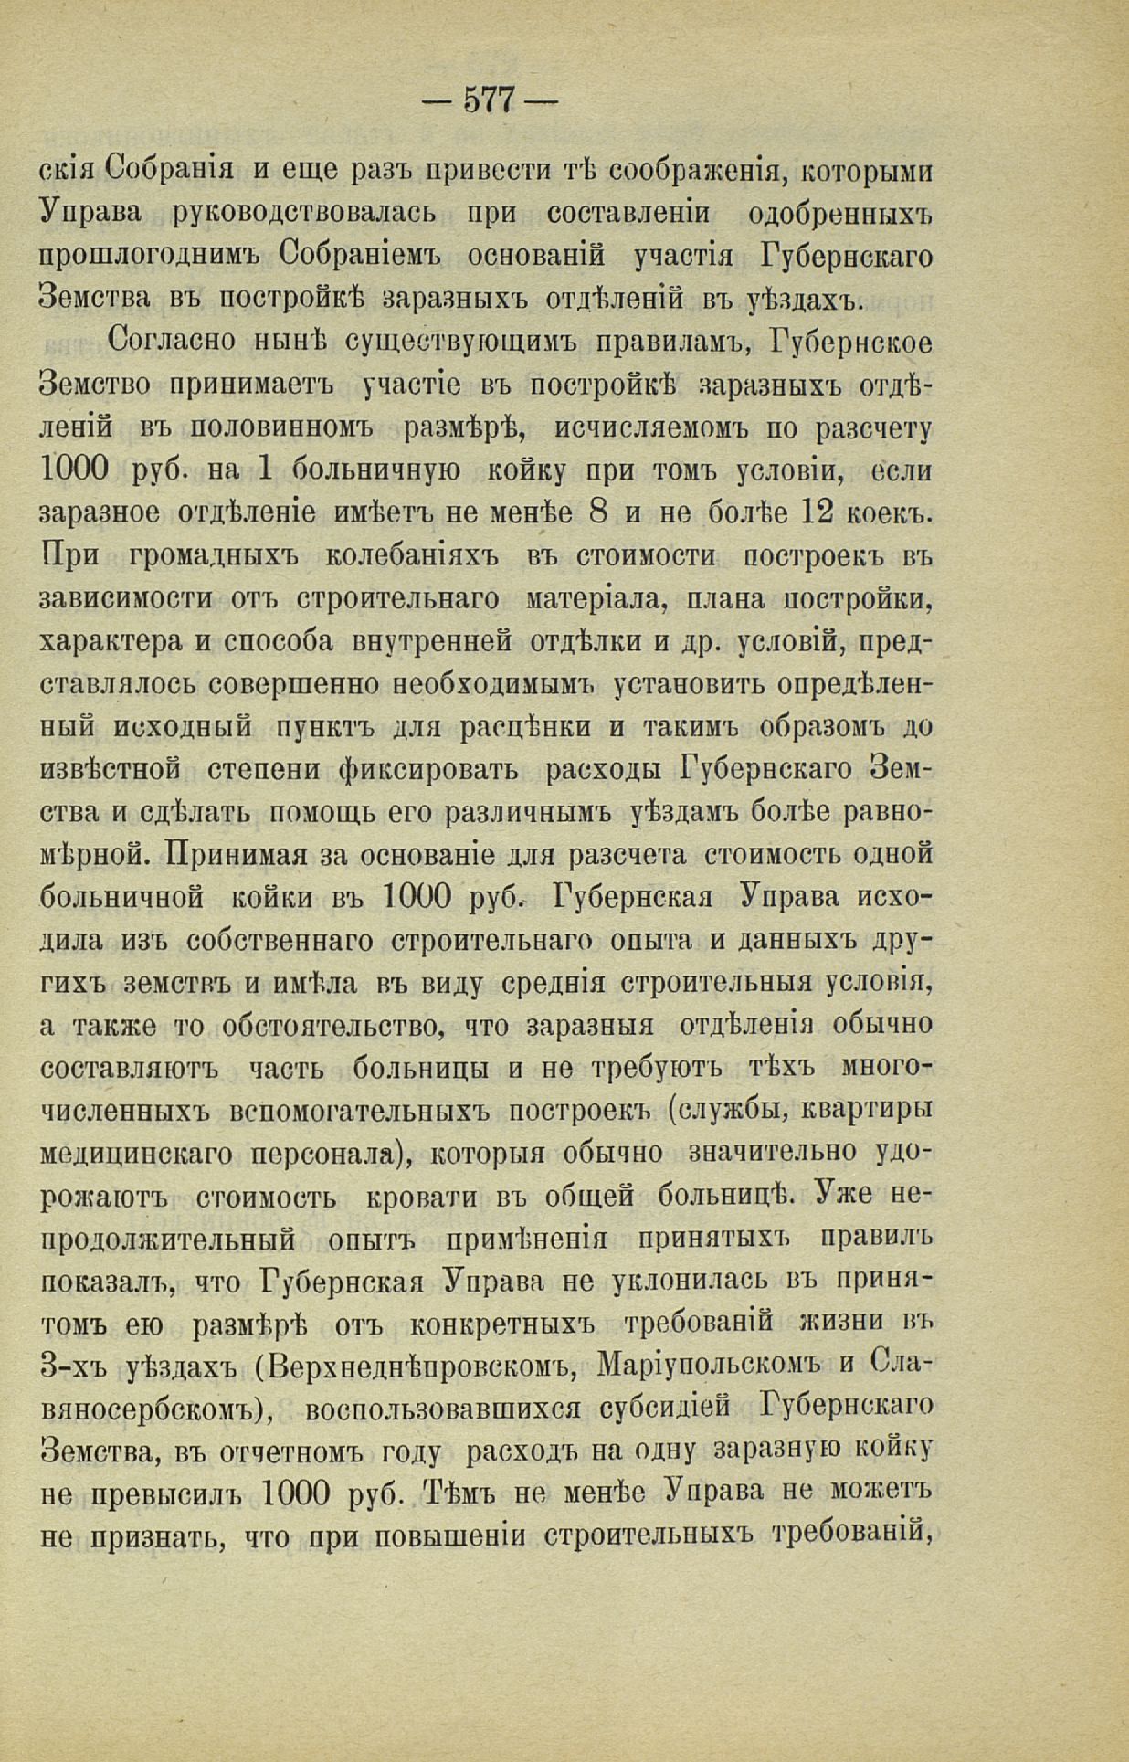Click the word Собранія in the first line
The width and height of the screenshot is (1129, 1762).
[x=170, y=171]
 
